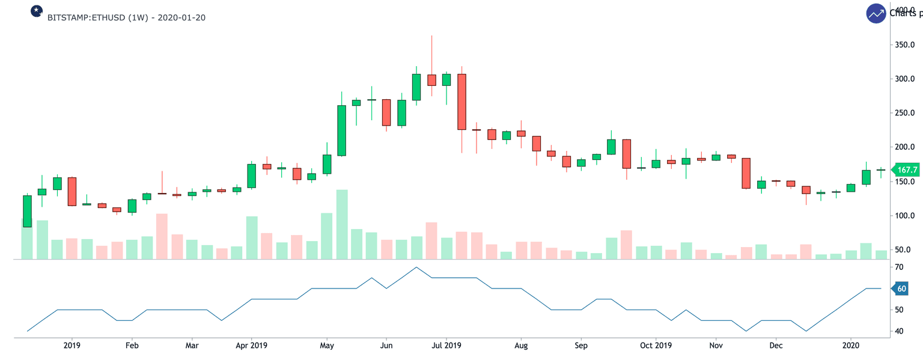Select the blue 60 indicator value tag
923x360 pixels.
901,289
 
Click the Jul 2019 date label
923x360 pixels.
446,346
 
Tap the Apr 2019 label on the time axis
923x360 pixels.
252,346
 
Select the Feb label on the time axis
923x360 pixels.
132,346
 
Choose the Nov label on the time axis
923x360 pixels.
716,346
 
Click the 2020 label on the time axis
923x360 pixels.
851,346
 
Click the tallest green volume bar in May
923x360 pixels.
341,224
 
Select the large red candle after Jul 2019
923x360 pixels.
461,102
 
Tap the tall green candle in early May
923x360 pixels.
341,130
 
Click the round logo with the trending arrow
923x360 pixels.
876,13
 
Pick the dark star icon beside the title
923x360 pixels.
37,11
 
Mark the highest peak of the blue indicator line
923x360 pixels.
416,267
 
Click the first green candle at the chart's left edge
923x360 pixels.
27,211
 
